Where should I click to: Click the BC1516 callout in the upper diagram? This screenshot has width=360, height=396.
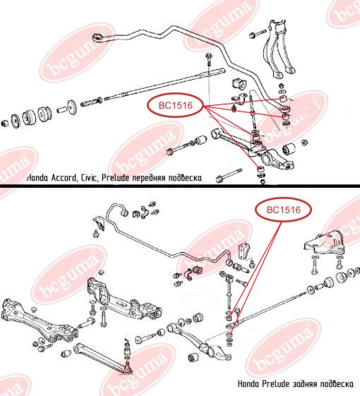(176, 105)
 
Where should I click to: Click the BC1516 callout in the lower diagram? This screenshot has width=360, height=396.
(284, 210)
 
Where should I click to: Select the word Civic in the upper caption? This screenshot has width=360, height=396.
(90, 178)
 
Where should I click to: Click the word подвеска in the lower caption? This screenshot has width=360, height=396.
(337, 384)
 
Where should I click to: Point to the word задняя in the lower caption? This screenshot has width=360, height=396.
(305, 384)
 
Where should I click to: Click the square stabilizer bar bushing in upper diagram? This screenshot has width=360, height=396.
(239, 84)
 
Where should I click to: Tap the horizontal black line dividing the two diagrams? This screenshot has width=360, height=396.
(180, 186)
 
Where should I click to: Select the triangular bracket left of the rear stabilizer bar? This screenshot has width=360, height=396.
(99, 224)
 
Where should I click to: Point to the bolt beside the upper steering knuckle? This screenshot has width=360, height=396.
(257, 34)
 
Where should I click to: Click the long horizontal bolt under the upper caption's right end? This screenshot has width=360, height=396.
(229, 175)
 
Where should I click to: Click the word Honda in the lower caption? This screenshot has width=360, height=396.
(248, 384)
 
